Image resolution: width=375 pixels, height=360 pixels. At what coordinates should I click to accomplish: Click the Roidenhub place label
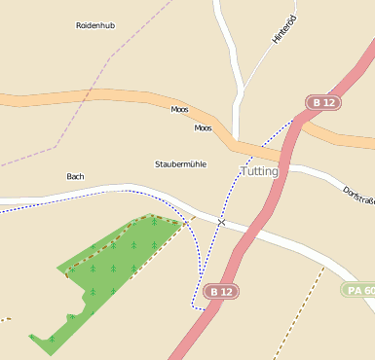95,25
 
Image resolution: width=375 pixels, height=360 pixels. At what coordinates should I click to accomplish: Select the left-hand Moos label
179,110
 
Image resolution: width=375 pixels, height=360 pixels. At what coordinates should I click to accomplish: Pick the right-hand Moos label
203,128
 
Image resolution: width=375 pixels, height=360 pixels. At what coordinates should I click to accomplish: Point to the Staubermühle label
180,164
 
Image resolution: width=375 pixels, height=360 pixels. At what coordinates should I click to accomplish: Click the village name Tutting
259,171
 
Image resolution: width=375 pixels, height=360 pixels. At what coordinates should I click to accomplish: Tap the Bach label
75,176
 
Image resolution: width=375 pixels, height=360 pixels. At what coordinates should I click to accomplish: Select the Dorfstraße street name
359,195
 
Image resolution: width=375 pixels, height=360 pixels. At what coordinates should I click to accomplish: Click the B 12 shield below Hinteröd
323,102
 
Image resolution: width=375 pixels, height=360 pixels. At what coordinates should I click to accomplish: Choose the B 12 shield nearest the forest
222,291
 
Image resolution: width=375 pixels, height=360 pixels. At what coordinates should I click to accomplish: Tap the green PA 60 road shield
358,290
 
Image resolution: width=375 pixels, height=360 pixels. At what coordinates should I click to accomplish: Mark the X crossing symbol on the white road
222,223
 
